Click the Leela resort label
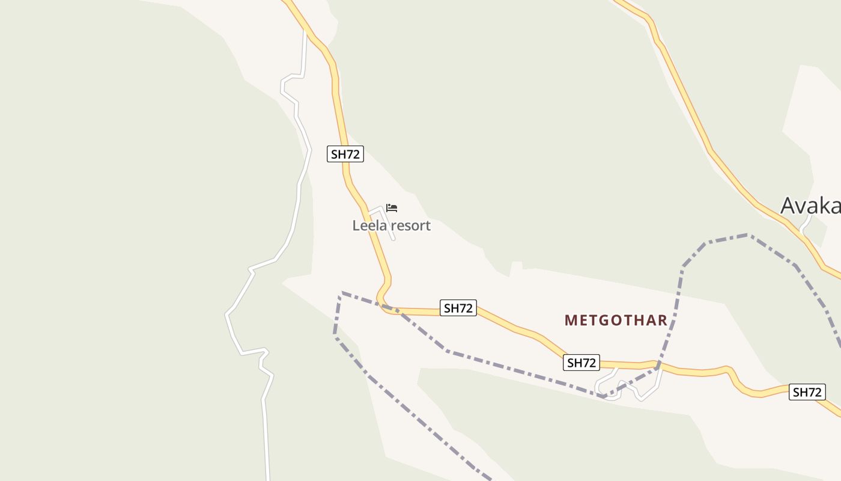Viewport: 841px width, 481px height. coord(391,226)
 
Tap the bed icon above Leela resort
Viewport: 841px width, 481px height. coord(392,208)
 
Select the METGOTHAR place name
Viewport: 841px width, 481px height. coord(616,320)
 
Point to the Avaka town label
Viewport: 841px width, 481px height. coord(810,206)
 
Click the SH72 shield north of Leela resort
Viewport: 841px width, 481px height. coord(345,154)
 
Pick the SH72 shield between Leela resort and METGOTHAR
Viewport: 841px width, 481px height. coord(458,308)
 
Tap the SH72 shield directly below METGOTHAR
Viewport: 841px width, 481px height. coord(581,363)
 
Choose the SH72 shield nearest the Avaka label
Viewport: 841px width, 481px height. coord(806,393)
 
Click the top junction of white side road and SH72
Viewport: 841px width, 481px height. coord(305,30)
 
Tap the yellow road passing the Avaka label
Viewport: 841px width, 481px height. coord(739,186)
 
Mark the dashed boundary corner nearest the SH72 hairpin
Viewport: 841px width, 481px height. coord(342,293)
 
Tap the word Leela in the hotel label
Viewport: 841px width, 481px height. coord(368,226)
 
